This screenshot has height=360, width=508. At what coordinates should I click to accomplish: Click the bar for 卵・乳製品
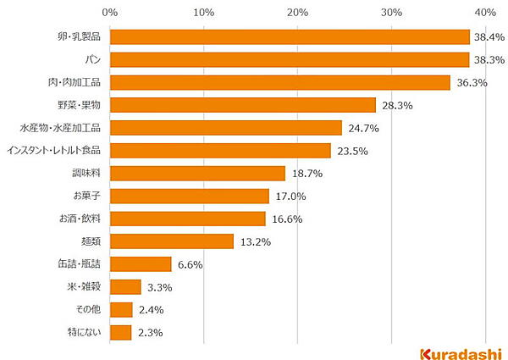[290, 36]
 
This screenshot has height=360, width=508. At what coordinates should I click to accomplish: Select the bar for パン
[290, 59]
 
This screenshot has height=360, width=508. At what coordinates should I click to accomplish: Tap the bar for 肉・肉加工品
[279, 82]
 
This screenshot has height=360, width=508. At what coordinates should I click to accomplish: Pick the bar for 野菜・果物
[242, 105]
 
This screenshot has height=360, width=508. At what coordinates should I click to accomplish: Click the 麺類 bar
[171, 241]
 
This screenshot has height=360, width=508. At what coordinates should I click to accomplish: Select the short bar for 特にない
[120, 332]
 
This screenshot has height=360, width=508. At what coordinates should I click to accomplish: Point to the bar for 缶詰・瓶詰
[141, 264]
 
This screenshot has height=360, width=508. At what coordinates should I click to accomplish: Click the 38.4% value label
[489, 37]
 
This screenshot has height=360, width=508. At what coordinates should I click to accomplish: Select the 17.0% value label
[289, 197]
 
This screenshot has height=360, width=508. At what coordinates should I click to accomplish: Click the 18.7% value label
[305, 174]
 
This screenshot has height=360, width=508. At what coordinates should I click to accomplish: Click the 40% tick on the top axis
[484, 12]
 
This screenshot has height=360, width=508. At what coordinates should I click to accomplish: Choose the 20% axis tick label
[297, 12]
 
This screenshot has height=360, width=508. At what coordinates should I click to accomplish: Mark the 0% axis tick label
[110, 12]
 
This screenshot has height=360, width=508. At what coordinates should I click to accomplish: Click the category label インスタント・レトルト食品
[53, 151]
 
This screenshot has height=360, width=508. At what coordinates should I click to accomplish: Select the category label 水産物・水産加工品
[60, 128]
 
